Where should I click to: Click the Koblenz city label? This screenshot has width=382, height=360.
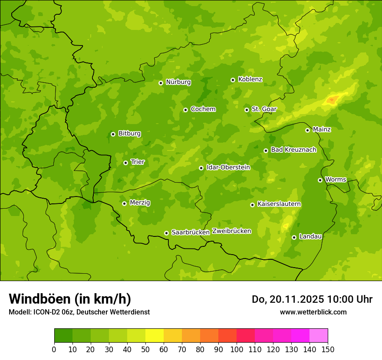pyautogui.click(x=250, y=79)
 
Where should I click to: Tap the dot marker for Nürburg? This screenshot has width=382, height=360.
pyautogui.click(x=161, y=83)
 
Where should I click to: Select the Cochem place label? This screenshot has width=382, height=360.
pyautogui.click(x=203, y=109)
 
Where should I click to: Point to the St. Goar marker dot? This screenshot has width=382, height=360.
pyautogui.click(x=247, y=110)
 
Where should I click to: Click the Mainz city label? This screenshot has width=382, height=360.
pyautogui.click(x=322, y=130)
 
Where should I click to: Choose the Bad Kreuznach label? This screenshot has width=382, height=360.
pyautogui.click(x=293, y=150)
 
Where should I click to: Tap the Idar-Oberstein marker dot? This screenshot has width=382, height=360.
pyautogui.click(x=201, y=168)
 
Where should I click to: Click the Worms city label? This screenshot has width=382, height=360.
pyautogui.click(x=336, y=180)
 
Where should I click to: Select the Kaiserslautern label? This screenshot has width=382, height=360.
pyautogui.click(x=279, y=204)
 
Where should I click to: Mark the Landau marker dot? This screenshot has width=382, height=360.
pyautogui.click(x=294, y=237)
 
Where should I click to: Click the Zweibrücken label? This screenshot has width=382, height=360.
pyautogui.click(x=231, y=231)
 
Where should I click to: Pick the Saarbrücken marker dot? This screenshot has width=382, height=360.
pyautogui.click(x=166, y=233)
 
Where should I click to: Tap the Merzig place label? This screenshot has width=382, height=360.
pyautogui.click(x=140, y=203)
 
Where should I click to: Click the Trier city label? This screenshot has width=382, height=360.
pyautogui.click(x=137, y=162)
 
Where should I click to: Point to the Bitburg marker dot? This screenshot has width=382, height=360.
pyautogui.click(x=113, y=134)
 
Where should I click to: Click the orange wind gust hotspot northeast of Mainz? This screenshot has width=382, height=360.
pyautogui.click(x=332, y=100)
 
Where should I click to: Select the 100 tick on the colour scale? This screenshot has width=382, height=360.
pyautogui.click(x=237, y=349)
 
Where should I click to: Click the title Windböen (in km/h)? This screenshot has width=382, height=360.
pyautogui.click(x=69, y=299)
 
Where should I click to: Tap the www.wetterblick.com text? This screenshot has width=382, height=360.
pyautogui.click(x=313, y=312)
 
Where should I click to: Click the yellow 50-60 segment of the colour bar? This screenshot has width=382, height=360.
pyautogui.click(x=154, y=336)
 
